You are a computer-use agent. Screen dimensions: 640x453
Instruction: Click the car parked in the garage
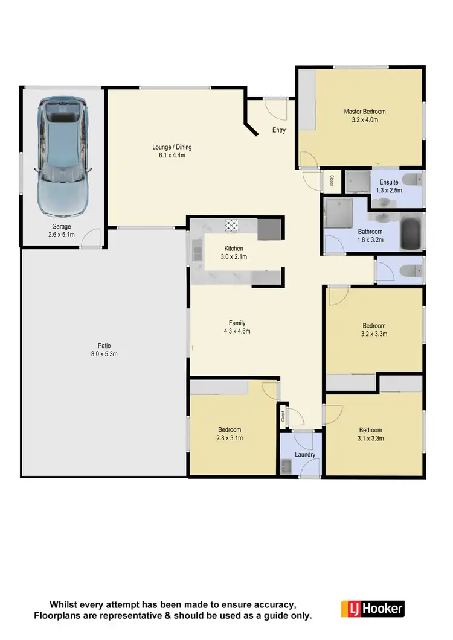tap(62, 157)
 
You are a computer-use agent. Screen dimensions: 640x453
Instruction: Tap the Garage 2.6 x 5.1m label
tap(62, 231)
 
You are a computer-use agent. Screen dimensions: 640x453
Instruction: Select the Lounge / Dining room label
tap(172, 151)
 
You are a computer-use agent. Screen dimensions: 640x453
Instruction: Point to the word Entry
tap(279, 130)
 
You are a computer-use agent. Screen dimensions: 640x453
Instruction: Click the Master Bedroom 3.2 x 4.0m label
tap(364, 116)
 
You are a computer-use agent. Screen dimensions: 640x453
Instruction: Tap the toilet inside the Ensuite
tap(412, 179)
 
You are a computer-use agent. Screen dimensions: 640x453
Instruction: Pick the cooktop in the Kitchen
tap(232, 226)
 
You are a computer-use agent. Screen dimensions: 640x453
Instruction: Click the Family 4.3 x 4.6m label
tap(237, 327)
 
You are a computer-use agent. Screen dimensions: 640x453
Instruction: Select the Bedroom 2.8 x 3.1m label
tap(230, 434)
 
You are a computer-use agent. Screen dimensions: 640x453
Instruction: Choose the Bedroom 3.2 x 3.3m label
tap(373, 330)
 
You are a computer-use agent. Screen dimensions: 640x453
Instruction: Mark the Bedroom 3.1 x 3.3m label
tap(371, 434)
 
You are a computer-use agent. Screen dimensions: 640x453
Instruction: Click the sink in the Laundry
tap(286, 465)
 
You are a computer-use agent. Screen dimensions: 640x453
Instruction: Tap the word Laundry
tap(305, 455)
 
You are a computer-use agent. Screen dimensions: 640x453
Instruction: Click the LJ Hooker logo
tap(372, 608)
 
